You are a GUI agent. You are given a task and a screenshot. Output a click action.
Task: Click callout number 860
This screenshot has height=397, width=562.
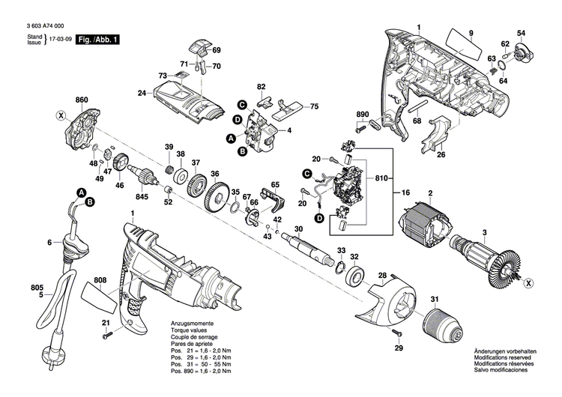coord(82,100)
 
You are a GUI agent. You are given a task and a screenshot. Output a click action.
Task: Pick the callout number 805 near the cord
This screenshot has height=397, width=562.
coord(16,287)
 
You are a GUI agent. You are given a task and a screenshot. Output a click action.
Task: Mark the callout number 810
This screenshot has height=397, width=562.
coord(382,179)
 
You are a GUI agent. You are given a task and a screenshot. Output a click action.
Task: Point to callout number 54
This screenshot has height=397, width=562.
coord(521,33)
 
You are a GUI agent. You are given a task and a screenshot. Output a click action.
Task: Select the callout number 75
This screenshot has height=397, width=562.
coord(315,106)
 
